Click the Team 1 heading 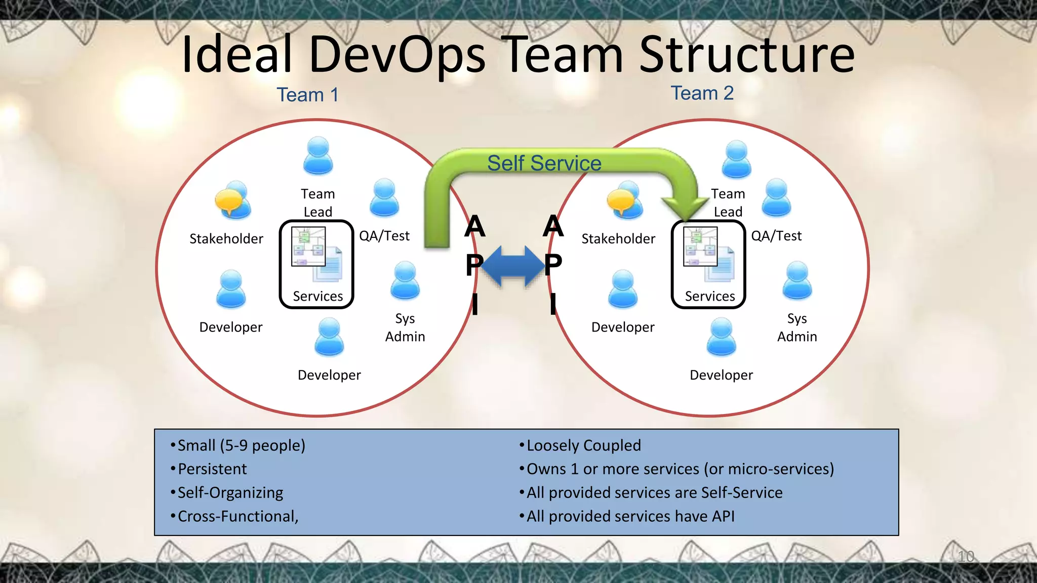307,95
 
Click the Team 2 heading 702,93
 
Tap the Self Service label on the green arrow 544,163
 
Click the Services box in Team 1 316,264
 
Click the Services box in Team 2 708,264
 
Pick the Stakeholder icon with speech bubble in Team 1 232,200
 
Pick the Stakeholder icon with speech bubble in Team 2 625,200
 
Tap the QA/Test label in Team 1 384,236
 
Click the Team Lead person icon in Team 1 318,155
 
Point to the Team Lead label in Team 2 728,203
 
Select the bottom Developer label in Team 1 329,375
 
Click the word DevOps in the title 397,54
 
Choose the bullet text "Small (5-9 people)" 241,445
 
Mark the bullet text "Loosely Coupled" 583,445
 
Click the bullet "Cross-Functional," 237,516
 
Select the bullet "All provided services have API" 630,516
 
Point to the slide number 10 966,557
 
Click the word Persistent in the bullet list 212,469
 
